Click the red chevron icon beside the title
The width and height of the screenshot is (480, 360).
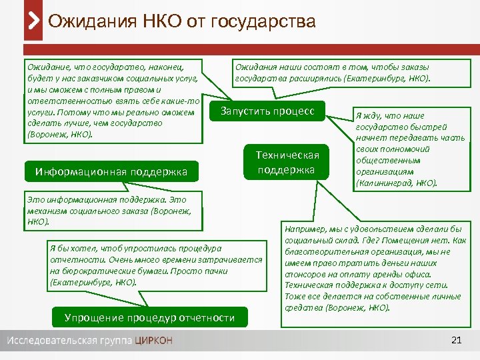pos(33,21)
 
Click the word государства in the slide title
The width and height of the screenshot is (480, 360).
pos(263,21)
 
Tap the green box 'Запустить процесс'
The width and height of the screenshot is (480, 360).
pos(267,111)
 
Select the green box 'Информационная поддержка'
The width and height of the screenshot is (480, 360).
pos(112,173)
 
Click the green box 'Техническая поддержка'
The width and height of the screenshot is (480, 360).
pos(287,162)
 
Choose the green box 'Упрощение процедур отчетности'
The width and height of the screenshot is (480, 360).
pos(149,317)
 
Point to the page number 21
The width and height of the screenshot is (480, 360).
pos(456,341)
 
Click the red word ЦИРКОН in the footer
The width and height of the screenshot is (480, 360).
pos(153,341)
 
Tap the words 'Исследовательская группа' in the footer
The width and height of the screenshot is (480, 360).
pos(70,341)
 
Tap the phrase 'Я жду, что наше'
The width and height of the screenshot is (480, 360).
pos(391,115)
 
